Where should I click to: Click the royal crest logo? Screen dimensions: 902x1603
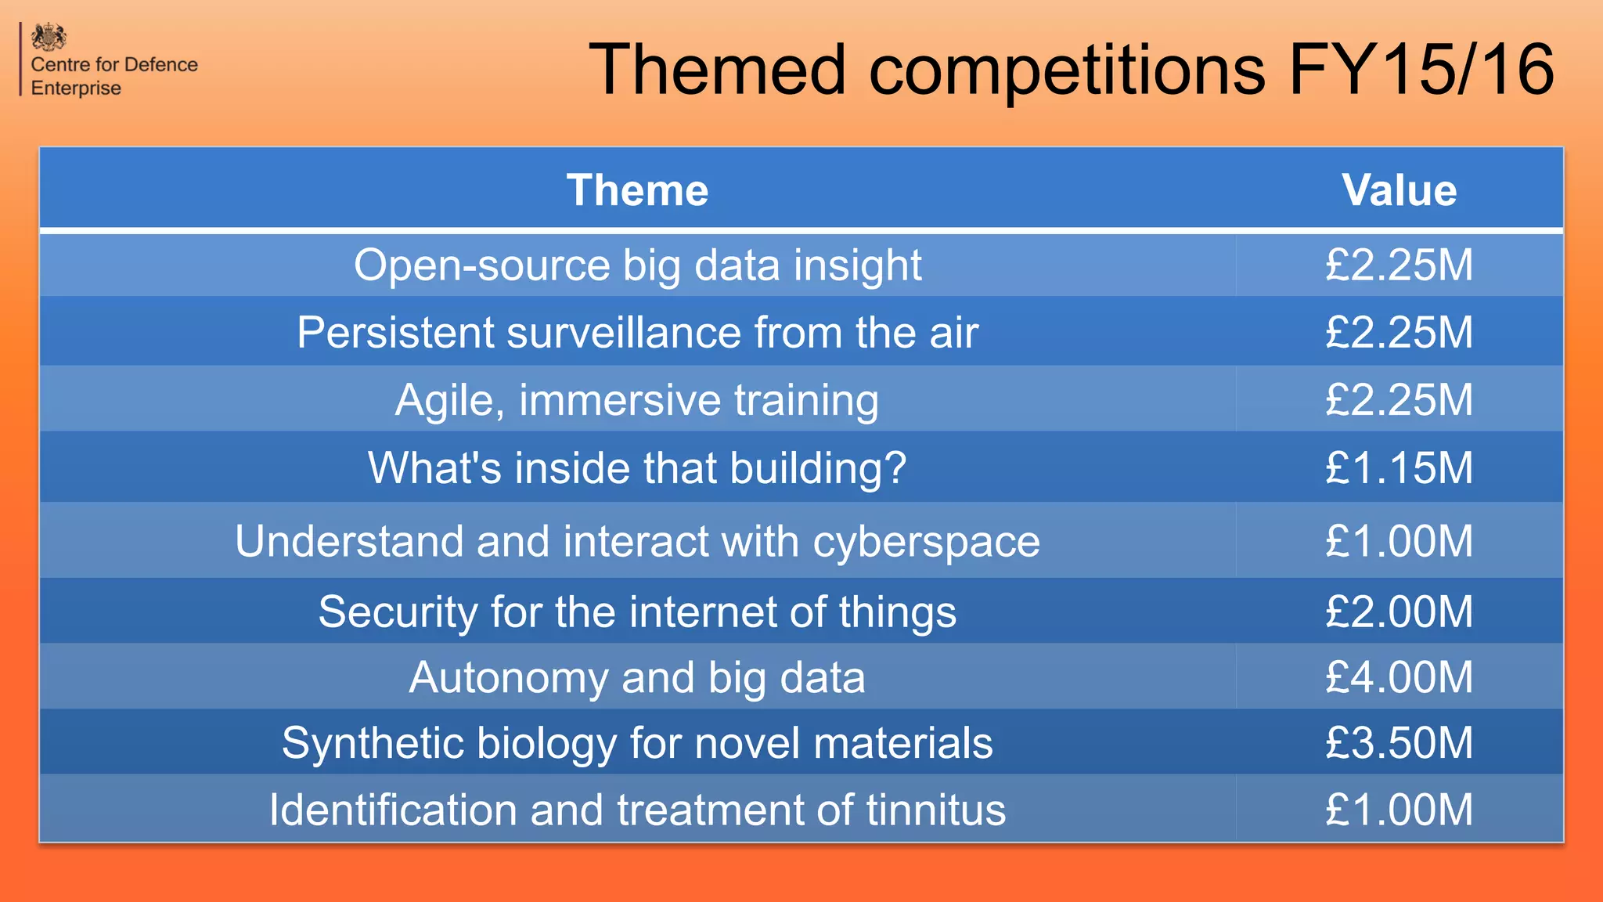(x=49, y=37)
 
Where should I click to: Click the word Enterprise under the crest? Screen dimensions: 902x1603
(x=76, y=88)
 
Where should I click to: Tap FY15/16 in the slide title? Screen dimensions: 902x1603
(x=1421, y=70)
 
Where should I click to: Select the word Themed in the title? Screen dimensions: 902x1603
(x=717, y=70)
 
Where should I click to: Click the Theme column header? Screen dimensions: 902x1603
(x=637, y=190)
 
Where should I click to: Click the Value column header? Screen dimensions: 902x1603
(x=1399, y=190)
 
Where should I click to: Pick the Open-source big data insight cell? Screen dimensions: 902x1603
(x=637, y=265)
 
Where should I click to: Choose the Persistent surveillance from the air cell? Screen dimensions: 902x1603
(x=637, y=332)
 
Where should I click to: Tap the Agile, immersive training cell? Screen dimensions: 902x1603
(x=637, y=400)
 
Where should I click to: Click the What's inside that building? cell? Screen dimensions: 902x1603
(x=637, y=467)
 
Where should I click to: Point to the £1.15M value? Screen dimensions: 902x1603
(x=1399, y=467)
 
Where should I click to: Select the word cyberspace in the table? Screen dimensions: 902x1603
(x=926, y=542)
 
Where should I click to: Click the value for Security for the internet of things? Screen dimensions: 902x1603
(x=1399, y=612)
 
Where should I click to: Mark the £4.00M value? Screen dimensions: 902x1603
(x=1399, y=677)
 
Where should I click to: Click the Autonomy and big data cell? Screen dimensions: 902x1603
(x=637, y=677)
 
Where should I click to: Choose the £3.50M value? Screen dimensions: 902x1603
(x=1399, y=742)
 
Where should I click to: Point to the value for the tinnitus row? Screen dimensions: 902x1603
(x=1399, y=810)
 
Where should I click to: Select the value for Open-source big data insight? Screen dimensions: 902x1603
(x=1399, y=265)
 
